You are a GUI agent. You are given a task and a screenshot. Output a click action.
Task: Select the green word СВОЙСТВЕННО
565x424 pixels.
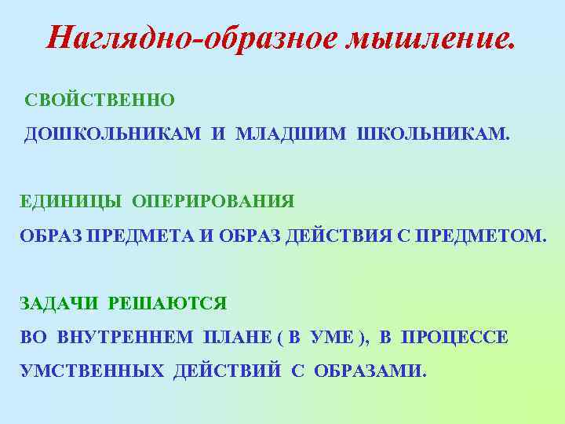coord(100,101)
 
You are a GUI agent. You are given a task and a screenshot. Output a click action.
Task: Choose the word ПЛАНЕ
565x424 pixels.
coord(234,337)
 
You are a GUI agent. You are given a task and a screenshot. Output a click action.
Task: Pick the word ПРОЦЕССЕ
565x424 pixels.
coord(455,337)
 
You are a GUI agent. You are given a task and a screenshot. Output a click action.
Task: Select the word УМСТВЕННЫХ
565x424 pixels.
coord(92,371)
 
